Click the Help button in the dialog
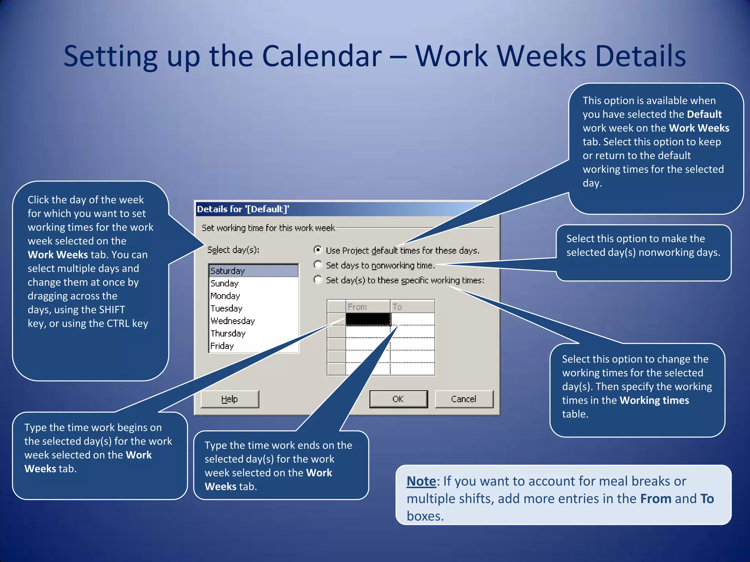point(230,399)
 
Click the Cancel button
point(464,399)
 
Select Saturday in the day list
point(227,271)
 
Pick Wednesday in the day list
point(233,321)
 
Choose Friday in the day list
point(222,346)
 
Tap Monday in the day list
point(225,296)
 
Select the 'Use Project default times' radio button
point(318,250)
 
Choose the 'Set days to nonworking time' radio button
point(318,265)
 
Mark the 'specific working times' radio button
point(318,280)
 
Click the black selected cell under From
point(368,319)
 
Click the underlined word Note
point(421,481)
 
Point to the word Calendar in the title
point(322,56)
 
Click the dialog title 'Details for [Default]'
point(243,209)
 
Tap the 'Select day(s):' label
point(233,250)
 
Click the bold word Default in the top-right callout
point(704,114)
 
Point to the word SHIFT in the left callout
point(112,310)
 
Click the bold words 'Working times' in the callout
point(654,400)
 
